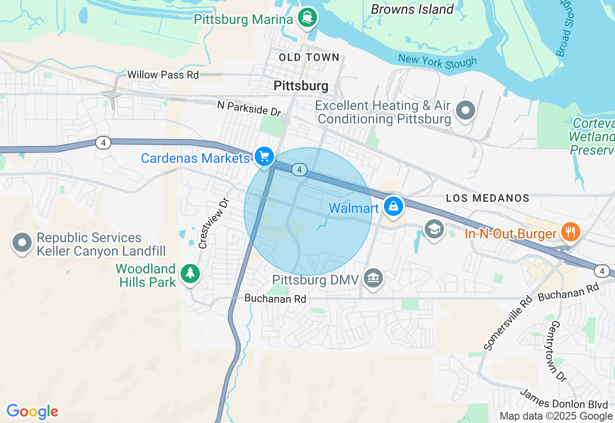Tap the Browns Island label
tap(412, 9)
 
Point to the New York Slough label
tap(437, 61)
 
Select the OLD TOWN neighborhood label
tap(309, 58)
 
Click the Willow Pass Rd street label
tap(163, 75)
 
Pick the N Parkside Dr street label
tap(249, 108)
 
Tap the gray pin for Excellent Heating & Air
tap(465, 111)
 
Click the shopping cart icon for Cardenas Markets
tap(264, 156)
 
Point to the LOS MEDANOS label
tap(488, 198)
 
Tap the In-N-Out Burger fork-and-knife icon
tap(570, 232)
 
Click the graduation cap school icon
tap(434, 229)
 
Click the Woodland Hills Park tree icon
tap(191, 274)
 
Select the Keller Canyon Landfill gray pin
tap(22, 242)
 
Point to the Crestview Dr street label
tap(214, 224)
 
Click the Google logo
tap(32, 412)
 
